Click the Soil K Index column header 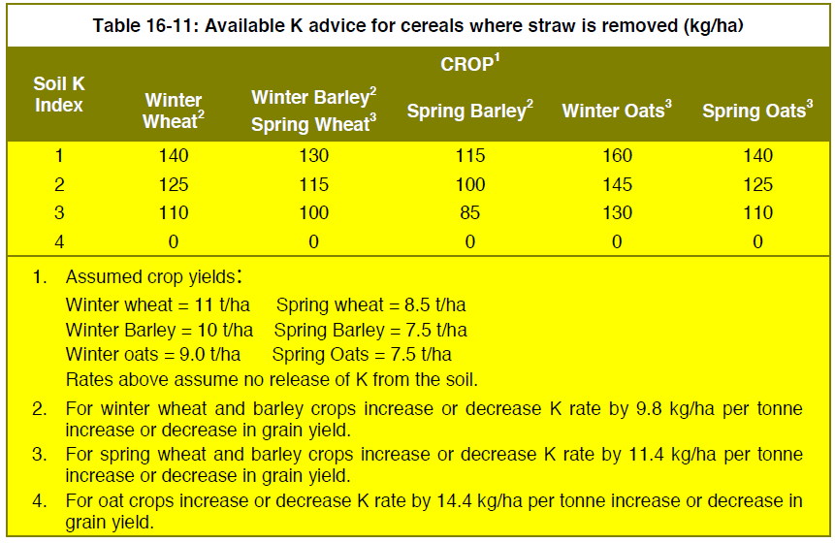(59, 94)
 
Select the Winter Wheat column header (174, 111)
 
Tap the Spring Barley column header (469, 111)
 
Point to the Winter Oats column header (617, 111)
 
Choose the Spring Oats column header (757, 111)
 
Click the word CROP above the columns (467, 64)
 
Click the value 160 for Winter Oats (617, 155)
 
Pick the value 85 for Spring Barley (470, 213)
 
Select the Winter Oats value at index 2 (617, 185)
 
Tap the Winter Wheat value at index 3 (174, 213)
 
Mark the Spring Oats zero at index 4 (757, 242)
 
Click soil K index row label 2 (59, 185)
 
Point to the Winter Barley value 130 (313, 155)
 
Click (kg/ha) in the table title (714, 25)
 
